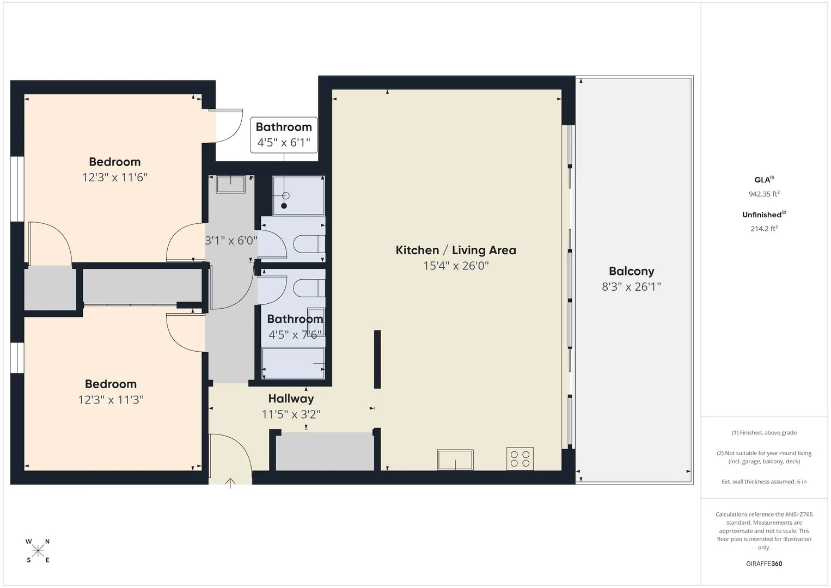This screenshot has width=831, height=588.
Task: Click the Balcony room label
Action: coord(631,271)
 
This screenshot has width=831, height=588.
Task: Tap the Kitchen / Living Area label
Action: coord(456,250)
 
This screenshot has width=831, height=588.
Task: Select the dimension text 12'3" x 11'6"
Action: coord(115,177)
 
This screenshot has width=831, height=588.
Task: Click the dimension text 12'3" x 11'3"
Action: coord(111,400)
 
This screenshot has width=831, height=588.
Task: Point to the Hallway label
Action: coord(291,399)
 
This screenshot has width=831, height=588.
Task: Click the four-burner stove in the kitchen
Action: coord(520,459)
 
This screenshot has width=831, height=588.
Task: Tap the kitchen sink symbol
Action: coord(455,460)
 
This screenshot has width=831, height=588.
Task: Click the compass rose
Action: coord(38,552)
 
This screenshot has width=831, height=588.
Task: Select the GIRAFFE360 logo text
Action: coord(764,564)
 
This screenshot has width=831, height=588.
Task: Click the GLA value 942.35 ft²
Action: coord(764,194)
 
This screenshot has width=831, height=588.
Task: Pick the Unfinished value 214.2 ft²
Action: coord(764,229)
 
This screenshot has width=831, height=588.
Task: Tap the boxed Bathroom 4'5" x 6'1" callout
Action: coord(284,135)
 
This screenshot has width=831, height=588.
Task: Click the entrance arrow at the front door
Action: coord(230,483)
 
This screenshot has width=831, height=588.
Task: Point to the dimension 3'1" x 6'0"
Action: coord(231,241)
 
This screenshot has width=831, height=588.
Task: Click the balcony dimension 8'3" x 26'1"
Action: coord(631,287)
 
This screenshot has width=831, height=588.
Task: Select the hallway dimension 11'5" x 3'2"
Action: coord(291,414)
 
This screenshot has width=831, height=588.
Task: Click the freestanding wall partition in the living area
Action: coord(377,359)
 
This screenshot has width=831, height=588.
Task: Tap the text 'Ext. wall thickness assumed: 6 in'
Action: coord(764,481)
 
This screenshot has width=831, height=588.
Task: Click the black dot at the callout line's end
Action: coord(284,206)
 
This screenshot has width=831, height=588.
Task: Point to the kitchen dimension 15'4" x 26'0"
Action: coord(456,266)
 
